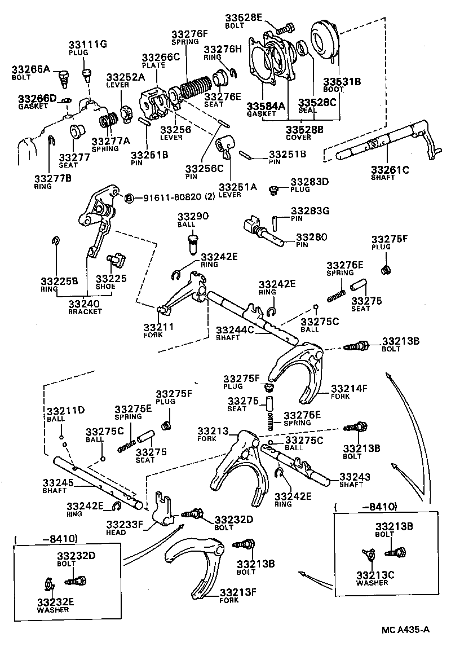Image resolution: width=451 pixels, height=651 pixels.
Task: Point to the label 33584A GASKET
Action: point(266,109)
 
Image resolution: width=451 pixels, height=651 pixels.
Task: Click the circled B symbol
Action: point(129,198)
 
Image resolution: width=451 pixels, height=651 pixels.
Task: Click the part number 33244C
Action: point(236,329)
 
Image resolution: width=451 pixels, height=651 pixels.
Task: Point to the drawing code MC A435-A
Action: point(405,628)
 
